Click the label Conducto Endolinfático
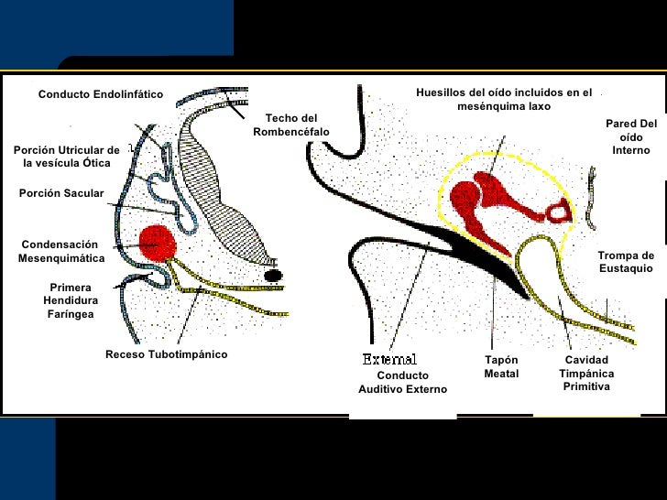[100, 94]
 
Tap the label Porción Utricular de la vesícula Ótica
[66, 157]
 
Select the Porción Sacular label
[61, 193]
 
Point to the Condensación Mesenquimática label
[60, 252]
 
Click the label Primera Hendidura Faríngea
[71, 300]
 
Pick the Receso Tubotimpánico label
[166, 354]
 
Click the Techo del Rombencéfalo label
[291, 125]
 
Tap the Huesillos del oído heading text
[504, 99]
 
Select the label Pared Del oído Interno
[631, 136]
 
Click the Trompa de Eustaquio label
[626, 262]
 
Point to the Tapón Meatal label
[501, 367]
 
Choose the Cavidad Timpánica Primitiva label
[586, 374]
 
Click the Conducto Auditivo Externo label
[402, 383]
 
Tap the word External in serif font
[389, 359]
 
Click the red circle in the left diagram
[157, 244]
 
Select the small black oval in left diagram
[272, 275]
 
